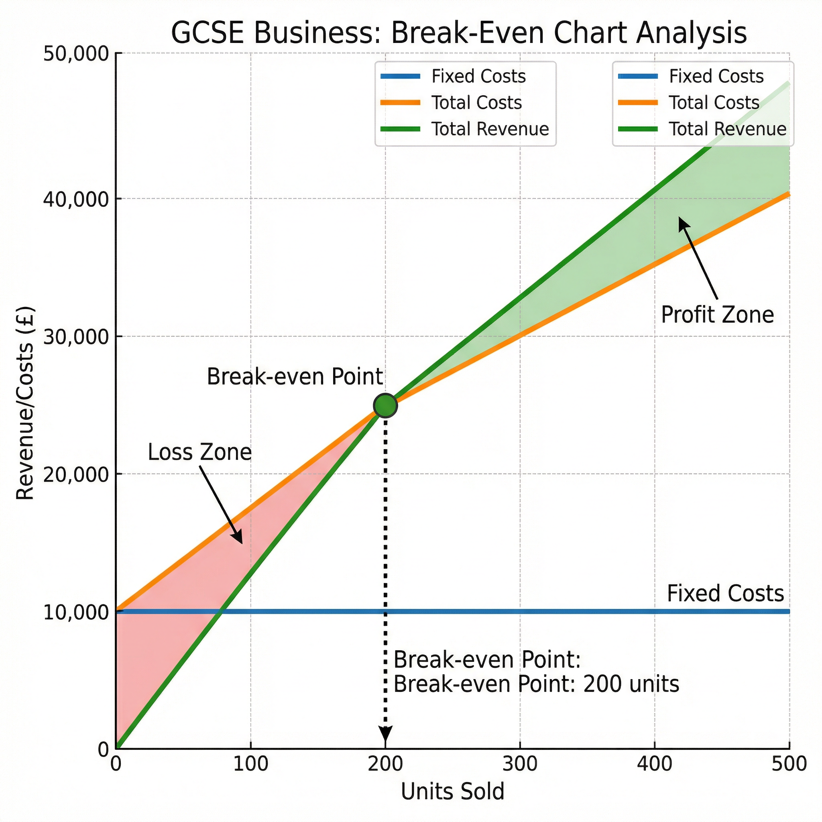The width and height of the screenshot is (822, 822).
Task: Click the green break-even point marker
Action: [x=385, y=405]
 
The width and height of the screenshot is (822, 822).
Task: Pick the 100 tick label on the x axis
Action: [x=250, y=764]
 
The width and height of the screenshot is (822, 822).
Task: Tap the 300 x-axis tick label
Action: [x=520, y=764]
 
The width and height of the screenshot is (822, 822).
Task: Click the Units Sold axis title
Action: [x=452, y=792]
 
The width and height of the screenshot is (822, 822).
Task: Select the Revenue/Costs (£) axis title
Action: [x=24, y=403]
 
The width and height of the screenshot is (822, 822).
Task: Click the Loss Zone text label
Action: [x=199, y=452]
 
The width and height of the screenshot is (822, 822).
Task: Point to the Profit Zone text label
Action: [x=717, y=315]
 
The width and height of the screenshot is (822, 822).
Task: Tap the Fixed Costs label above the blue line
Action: [x=725, y=594]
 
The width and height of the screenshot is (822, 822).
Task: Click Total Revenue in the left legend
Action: [x=490, y=129]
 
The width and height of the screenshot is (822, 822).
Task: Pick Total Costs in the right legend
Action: [x=714, y=102]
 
